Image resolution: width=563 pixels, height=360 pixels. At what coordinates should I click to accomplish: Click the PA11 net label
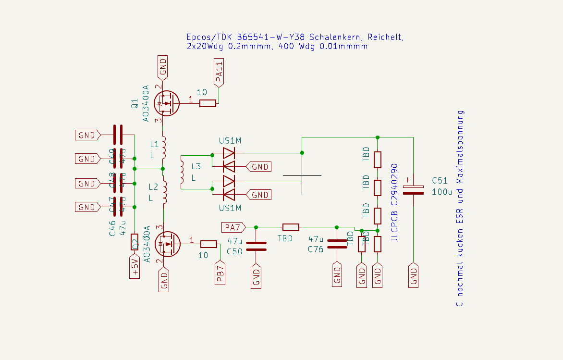[219, 73]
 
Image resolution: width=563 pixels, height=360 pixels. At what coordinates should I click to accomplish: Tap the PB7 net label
[220, 273]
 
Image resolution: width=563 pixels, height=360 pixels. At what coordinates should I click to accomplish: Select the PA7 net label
[233, 227]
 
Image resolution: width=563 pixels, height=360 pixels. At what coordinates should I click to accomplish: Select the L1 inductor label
[154, 144]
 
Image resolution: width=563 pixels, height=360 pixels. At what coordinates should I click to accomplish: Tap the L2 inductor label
[154, 186]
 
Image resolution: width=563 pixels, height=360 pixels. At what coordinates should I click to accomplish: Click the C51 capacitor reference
[440, 181]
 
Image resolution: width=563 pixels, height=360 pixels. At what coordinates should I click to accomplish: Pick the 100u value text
[442, 191]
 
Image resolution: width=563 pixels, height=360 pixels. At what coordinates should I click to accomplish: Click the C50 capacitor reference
[234, 251]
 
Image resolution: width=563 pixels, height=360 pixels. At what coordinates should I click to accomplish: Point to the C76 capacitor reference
[316, 249]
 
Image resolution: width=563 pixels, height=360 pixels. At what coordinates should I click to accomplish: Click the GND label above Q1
[163, 67]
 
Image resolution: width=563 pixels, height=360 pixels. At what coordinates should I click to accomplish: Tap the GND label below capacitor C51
[414, 275]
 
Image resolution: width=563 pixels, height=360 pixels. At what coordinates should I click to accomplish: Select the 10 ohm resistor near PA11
[208, 103]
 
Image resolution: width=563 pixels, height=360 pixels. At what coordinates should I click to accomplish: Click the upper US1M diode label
[230, 141]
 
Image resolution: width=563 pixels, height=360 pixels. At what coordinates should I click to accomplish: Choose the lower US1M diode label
[230, 208]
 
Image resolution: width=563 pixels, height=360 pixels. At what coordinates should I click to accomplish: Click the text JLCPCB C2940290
[394, 202]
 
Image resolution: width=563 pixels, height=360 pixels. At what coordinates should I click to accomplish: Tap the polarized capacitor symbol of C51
[413, 190]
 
